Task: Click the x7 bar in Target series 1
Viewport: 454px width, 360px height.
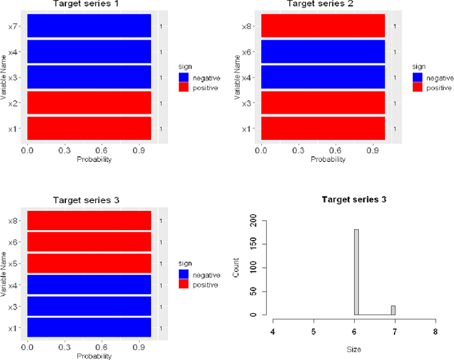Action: click(89, 26)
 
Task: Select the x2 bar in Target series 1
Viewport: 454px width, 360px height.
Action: click(89, 103)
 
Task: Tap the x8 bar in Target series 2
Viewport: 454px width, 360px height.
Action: click(323, 26)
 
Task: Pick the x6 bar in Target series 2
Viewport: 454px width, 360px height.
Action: click(323, 52)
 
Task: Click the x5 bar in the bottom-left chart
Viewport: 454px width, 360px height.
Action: click(89, 263)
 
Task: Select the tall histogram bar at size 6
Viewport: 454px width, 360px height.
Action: click(356, 271)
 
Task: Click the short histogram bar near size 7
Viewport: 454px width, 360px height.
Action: click(393, 310)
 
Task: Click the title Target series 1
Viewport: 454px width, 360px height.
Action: click(89, 4)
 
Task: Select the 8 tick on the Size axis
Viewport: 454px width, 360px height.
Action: click(435, 331)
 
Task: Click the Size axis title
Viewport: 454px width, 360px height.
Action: click(355, 349)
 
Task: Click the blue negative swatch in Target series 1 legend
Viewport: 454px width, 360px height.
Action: click(183, 77)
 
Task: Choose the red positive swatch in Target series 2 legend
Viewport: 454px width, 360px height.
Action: click(417, 87)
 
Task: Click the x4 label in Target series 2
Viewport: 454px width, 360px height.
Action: click(245, 77)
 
